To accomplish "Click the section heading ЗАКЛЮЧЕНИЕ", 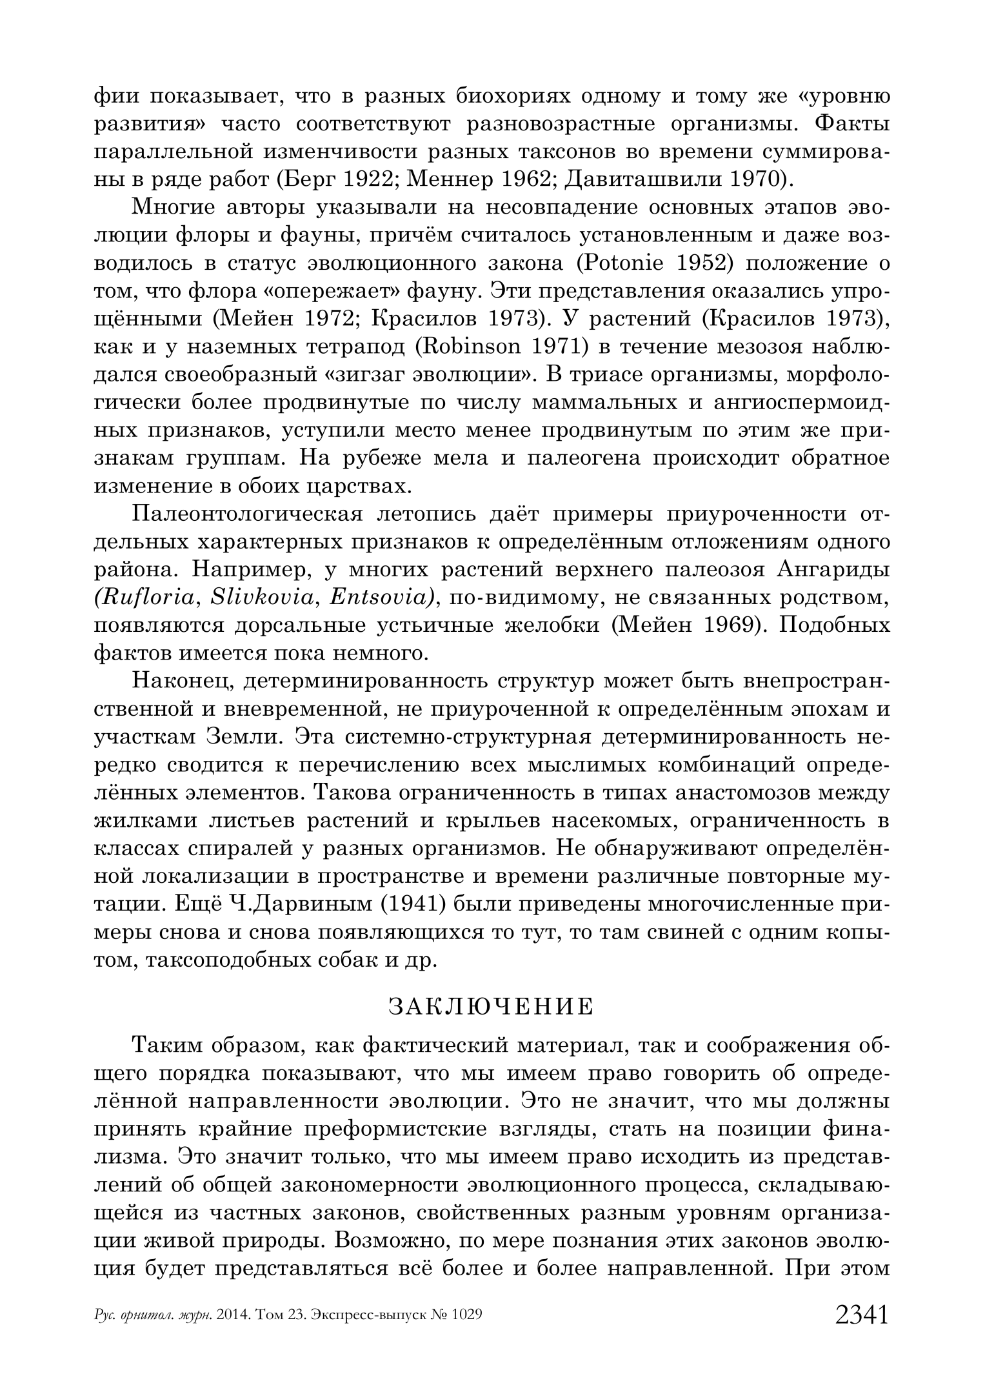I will click(491, 1007).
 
